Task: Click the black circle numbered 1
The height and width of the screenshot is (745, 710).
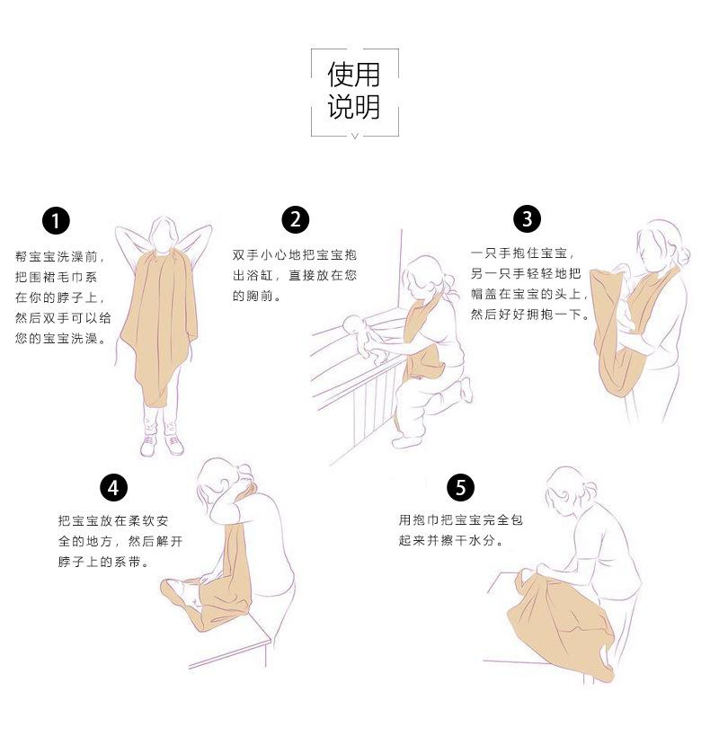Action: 56,220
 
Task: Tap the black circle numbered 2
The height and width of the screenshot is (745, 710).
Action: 295,219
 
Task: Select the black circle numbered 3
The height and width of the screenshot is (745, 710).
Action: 528,218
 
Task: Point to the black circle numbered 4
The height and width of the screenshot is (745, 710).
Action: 113,487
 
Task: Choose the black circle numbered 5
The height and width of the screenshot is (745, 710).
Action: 460,487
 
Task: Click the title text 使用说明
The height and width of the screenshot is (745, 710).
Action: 354,92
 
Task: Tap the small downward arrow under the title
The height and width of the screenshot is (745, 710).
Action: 354,136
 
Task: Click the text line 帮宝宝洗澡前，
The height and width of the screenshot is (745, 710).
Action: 60,256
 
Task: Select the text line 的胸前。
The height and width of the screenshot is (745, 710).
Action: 257,296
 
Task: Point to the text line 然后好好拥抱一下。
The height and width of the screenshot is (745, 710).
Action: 529,314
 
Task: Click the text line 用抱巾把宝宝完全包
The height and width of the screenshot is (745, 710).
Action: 460,520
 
